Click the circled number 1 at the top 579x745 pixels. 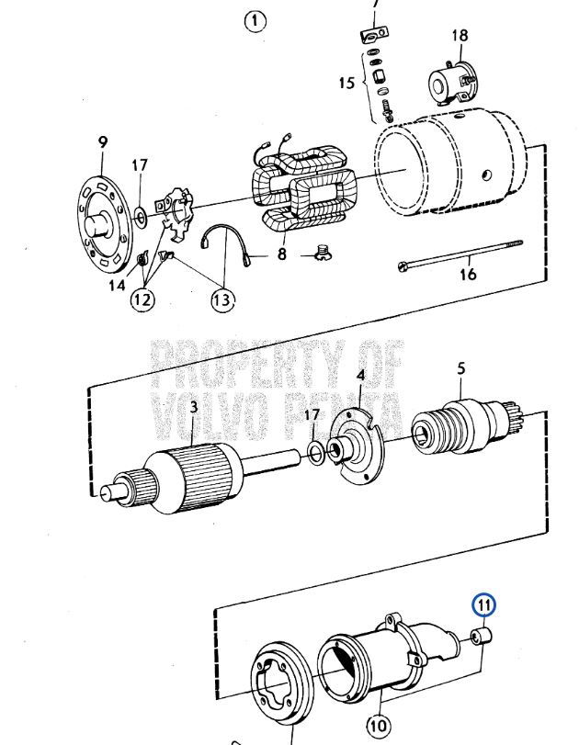[255, 21]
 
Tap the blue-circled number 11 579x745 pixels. [483, 604]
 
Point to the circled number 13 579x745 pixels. [222, 299]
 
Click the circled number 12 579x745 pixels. [142, 299]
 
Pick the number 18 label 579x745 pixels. [460, 36]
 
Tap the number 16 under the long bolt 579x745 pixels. [469, 274]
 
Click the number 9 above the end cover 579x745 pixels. [103, 142]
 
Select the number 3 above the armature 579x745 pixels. [194, 407]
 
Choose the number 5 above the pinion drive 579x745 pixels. [461, 368]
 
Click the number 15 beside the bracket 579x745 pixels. [346, 83]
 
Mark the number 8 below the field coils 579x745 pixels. [282, 254]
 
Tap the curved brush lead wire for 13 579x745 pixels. [228, 239]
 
